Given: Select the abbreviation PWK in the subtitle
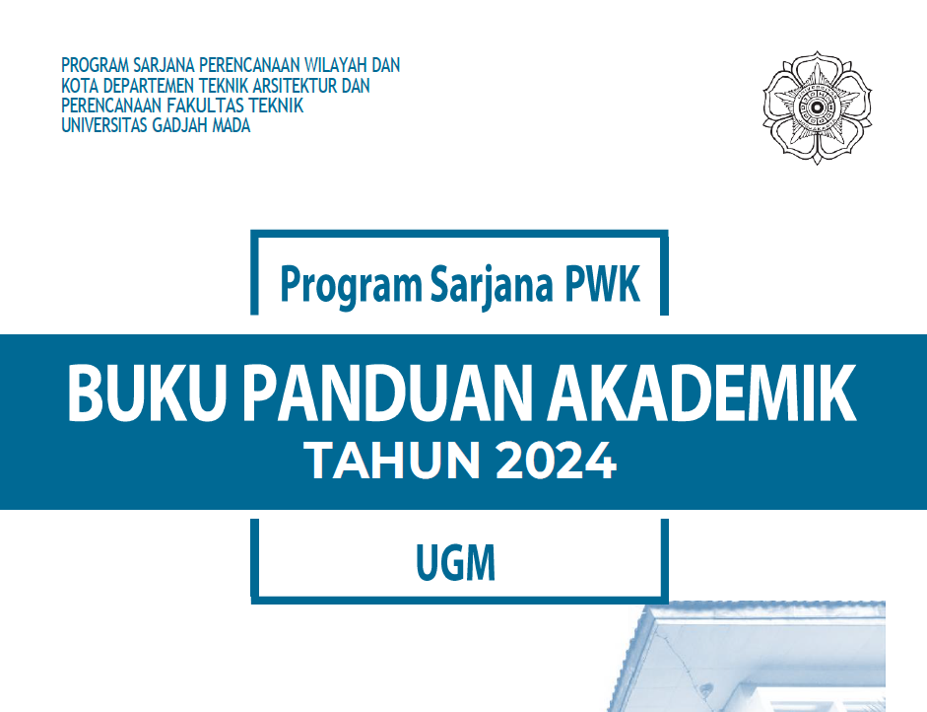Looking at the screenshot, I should point(603,284).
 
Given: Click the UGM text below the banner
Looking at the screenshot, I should point(455,564).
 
